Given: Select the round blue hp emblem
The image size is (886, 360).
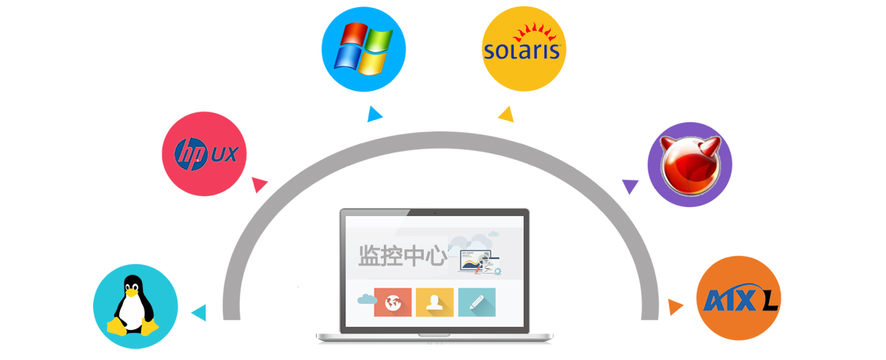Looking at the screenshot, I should (x=191, y=154).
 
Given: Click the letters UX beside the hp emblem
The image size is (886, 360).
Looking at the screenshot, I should (x=224, y=155).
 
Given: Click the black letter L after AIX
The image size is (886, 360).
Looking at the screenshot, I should (x=769, y=301).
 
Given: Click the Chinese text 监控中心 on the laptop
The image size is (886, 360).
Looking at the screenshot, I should (x=402, y=257).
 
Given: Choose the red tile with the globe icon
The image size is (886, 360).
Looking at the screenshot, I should (x=393, y=302).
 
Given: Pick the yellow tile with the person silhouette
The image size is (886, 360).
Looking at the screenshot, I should (x=435, y=302).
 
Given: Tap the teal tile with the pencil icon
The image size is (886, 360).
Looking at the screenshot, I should (x=477, y=302).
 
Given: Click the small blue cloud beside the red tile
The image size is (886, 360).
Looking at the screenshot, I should (x=364, y=298).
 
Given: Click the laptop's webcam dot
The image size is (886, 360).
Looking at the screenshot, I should (x=434, y=212).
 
